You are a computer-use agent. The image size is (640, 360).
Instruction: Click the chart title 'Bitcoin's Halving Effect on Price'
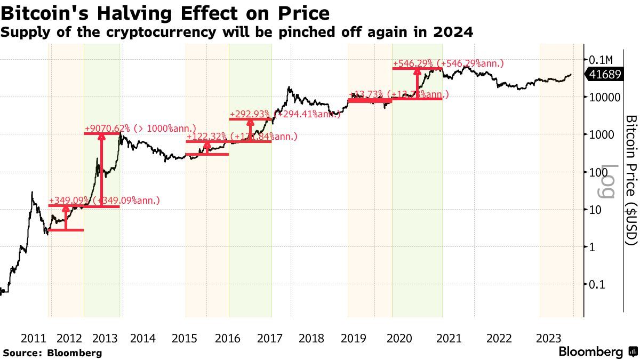(165, 12)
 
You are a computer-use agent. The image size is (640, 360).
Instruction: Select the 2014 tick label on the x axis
(142, 338)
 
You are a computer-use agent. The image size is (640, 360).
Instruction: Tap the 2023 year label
(548, 338)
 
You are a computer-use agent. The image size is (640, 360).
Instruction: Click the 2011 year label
(34, 338)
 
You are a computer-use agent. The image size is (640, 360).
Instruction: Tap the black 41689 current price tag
(605, 75)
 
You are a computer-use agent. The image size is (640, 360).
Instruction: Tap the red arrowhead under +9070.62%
(102, 137)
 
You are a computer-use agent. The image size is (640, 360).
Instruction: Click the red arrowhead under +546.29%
(416, 72)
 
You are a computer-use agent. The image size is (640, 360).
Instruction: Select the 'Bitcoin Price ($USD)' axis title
(631, 180)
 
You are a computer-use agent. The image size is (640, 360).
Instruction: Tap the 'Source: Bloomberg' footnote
(52, 353)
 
